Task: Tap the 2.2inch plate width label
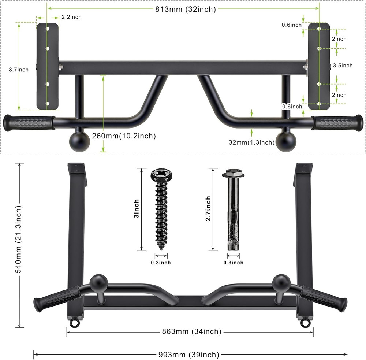point(71,17)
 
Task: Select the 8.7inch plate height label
point(19,70)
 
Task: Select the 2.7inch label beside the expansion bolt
point(208,209)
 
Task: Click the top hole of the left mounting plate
point(47,29)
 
